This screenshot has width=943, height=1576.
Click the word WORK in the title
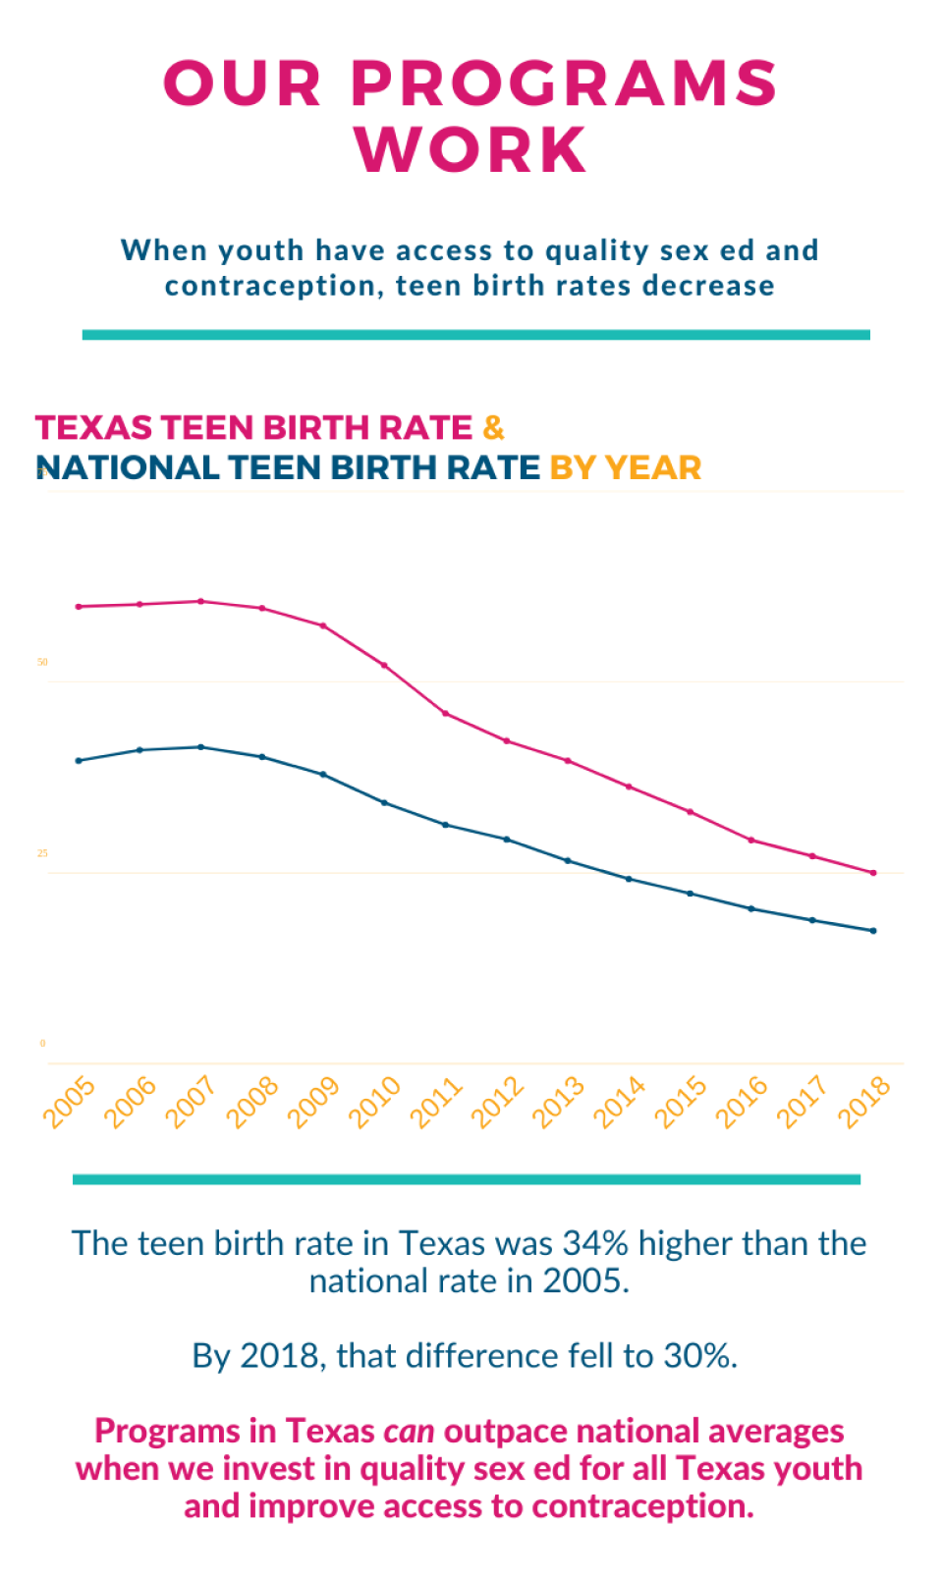tap(471, 150)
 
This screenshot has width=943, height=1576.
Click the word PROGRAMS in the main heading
tap(564, 83)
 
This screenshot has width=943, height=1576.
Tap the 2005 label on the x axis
tap(70, 1101)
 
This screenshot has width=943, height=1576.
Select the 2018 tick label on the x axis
tap(863, 1101)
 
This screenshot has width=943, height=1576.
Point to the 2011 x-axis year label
tap(436, 1101)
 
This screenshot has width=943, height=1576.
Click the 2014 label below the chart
tap(620, 1101)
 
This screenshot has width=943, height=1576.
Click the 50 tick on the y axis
tap(42, 662)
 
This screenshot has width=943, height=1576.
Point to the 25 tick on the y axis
tap(42, 852)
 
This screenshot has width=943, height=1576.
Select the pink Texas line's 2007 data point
tap(201, 601)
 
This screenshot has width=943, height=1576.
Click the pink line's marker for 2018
tap(873, 872)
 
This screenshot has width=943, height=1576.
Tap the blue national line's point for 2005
tap(79, 760)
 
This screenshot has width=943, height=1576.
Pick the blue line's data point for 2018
tap(873, 930)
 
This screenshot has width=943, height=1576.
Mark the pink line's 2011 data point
tap(446, 713)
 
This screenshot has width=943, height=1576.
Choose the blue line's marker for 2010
tap(384, 802)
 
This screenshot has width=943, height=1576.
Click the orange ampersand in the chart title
tap(493, 428)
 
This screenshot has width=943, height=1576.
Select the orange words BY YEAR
tap(625, 467)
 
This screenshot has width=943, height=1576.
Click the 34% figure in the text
tap(595, 1243)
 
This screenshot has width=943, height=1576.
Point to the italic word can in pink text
tap(409, 1431)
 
